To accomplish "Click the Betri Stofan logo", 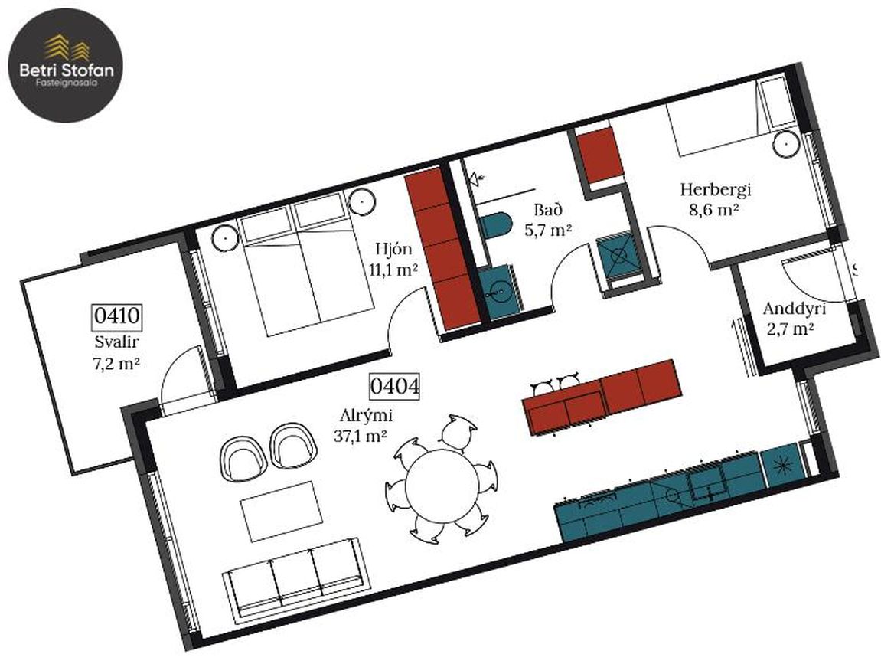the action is point(65,65).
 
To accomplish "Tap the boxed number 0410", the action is point(116,316).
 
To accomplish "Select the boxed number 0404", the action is point(394,386).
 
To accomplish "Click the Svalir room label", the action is point(116,342).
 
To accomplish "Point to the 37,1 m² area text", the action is point(361,436).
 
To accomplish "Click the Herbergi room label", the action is point(715,189).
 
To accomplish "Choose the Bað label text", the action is point(548,211).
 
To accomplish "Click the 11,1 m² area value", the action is point(393,270).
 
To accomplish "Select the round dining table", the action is point(442,486).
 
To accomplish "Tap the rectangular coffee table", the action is point(282,511).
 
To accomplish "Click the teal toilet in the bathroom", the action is point(494,226).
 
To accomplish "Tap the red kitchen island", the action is point(601,397).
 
